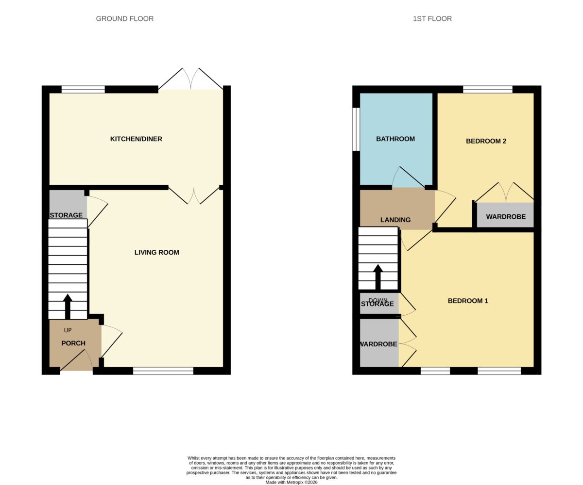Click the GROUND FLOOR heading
(124, 19)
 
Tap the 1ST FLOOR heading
(432, 19)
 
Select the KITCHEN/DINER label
(136, 139)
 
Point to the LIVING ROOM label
(156, 252)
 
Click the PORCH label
(73, 343)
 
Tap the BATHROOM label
(395, 139)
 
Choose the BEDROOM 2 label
(486, 141)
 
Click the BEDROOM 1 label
(468, 301)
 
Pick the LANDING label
(395, 220)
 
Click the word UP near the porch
(68, 330)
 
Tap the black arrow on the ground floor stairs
(68, 307)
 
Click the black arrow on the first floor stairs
(378, 277)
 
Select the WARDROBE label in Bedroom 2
(506, 217)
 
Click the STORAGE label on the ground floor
(66, 215)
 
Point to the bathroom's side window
(356, 129)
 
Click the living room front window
(163, 371)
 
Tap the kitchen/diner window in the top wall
(83, 89)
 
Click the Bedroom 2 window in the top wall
(488, 89)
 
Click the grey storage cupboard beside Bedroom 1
(379, 303)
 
